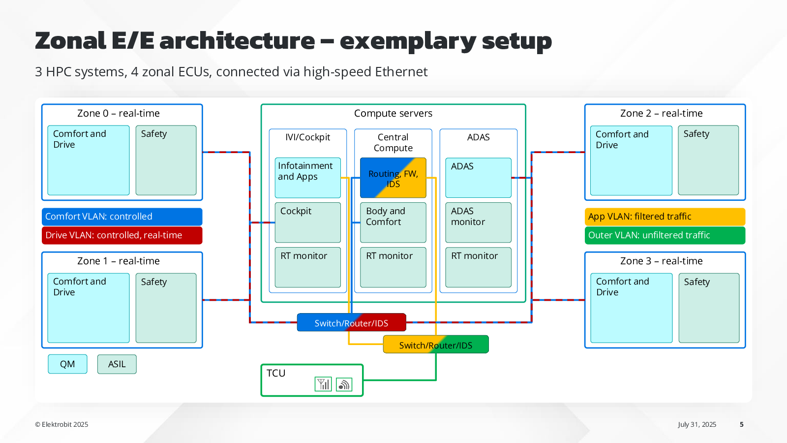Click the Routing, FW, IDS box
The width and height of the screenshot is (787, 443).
pos(393,178)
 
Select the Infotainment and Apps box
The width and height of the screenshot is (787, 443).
pos(307,178)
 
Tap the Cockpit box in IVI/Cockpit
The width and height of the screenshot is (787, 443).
pos(307,222)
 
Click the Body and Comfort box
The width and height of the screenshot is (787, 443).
pos(393,222)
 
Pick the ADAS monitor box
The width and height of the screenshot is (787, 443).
pos(478,222)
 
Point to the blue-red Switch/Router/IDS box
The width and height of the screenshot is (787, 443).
pos(351,322)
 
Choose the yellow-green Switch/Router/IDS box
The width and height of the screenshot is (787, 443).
pos(436,344)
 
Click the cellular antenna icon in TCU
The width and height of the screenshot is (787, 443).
pos(323,384)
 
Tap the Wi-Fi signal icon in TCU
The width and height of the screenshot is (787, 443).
pos(344,384)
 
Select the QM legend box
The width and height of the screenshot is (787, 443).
pos(67,364)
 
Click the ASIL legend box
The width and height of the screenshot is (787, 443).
pos(117,364)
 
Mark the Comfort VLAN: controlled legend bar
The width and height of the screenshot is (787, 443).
pos(122,217)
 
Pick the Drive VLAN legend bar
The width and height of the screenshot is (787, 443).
pos(122,235)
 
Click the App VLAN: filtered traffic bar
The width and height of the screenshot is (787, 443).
pos(665,217)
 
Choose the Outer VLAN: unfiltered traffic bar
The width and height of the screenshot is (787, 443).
pos(665,235)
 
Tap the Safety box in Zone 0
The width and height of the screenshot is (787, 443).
pos(166,160)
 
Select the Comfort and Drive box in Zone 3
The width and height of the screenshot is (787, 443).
pos(632,308)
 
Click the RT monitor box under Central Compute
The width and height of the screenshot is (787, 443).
pos(393,267)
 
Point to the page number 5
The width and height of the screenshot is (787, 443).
pos(742,424)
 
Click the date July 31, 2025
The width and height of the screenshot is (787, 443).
pos(697,424)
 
